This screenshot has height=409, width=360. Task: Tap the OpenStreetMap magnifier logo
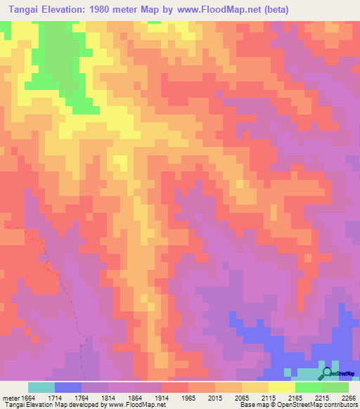(x=326, y=374)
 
